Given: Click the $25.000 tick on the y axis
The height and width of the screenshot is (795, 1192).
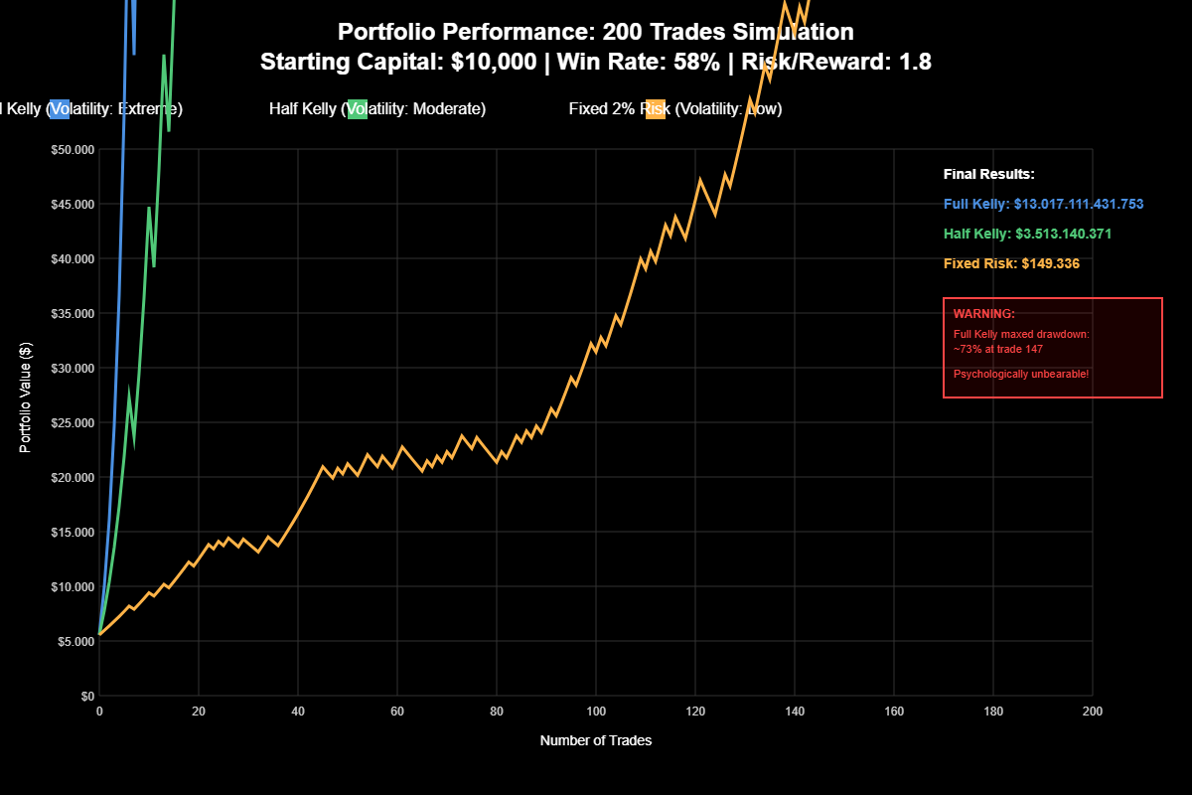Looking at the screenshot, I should (72, 422).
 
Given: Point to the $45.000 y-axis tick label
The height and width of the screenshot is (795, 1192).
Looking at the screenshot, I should (72, 204).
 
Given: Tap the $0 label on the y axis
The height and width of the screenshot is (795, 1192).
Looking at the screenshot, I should (87, 696).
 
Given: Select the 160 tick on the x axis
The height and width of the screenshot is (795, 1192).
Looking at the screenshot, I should (894, 712).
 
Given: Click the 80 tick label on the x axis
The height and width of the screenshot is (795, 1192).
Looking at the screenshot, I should (497, 712).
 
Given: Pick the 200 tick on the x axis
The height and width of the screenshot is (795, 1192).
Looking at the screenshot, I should (1093, 712).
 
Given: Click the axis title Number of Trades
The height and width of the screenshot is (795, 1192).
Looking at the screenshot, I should (596, 740).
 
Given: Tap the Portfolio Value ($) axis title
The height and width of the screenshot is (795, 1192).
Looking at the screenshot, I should (27, 397).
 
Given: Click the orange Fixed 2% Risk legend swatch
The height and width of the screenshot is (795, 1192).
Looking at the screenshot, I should (655, 108).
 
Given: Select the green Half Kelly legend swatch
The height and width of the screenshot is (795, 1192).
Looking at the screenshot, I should (357, 108).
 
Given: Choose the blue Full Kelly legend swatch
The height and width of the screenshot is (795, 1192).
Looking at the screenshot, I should (59, 108).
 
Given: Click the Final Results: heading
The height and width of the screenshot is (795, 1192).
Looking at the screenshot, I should (989, 174).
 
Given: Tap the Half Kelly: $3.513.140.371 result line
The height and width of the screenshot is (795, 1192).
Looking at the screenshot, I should (1027, 234).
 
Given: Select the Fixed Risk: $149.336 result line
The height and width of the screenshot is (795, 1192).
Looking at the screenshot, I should (1011, 263).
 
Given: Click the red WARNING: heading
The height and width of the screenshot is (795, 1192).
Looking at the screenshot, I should (984, 314).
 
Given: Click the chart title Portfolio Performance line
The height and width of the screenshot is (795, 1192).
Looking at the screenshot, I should (596, 33).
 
